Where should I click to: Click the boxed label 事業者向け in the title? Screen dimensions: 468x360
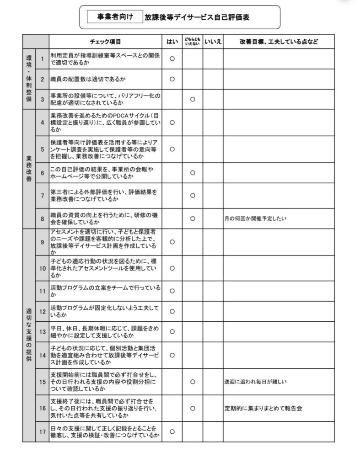(x=115, y=17)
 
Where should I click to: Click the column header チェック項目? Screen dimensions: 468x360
(x=105, y=42)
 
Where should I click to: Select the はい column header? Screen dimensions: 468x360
(x=172, y=42)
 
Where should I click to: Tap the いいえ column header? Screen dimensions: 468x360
(x=213, y=42)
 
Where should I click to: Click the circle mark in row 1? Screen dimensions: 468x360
(x=172, y=58)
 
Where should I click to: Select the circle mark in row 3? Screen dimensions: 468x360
(x=193, y=99)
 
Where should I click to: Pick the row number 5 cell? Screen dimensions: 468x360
(x=42, y=149)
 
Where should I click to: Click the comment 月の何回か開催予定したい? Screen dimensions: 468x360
(x=255, y=218)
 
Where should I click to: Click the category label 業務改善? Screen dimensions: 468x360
(x=29, y=169)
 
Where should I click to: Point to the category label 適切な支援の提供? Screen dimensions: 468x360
(x=29, y=335)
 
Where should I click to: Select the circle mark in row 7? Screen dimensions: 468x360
(x=193, y=196)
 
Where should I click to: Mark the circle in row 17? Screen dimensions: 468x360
(x=172, y=431)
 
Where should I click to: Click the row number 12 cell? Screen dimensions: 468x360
(x=42, y=312)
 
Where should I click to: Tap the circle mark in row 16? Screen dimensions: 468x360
(x=193, y=408)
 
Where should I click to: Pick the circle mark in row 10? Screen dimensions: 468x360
(x=172, y=268)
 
